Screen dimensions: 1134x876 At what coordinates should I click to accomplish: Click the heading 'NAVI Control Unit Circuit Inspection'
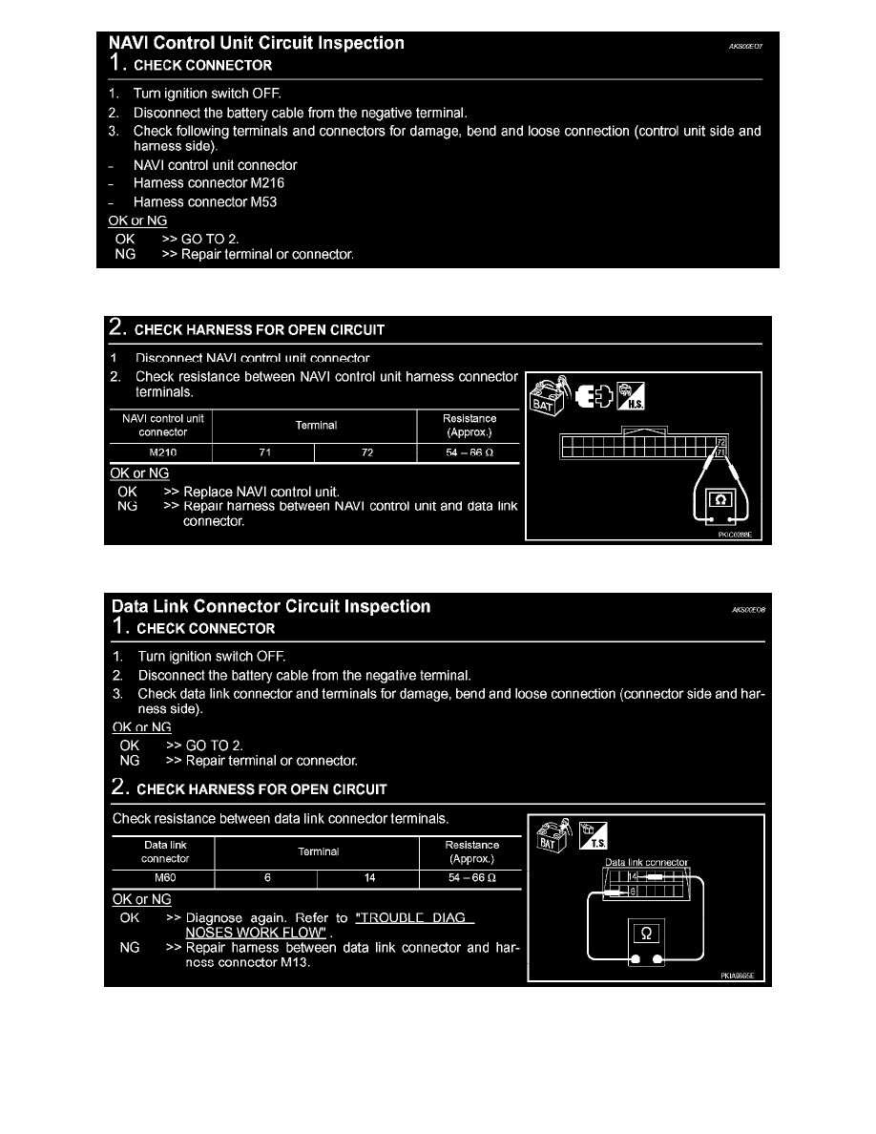click(x=257, y=44)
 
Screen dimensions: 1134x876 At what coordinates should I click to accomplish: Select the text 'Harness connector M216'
click(x=208, y=182)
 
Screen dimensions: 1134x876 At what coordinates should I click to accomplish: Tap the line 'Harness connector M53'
click(x=204, y=201)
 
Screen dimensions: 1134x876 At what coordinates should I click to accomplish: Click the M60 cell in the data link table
click(x=164, y=878)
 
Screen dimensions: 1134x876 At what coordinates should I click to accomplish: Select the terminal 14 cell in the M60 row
click(x=368, y=878)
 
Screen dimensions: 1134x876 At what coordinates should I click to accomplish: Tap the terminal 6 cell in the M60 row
click(x=266, y=878)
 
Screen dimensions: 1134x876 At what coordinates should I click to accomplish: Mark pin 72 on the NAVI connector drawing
click(x=721, y=443)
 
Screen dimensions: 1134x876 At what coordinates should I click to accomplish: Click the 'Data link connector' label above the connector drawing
click(x=646, y=863)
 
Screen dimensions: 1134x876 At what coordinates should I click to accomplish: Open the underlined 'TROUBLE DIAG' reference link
click(x=413, y=918)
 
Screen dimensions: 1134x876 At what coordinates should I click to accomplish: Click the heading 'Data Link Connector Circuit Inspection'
click(x=271, y=607)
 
